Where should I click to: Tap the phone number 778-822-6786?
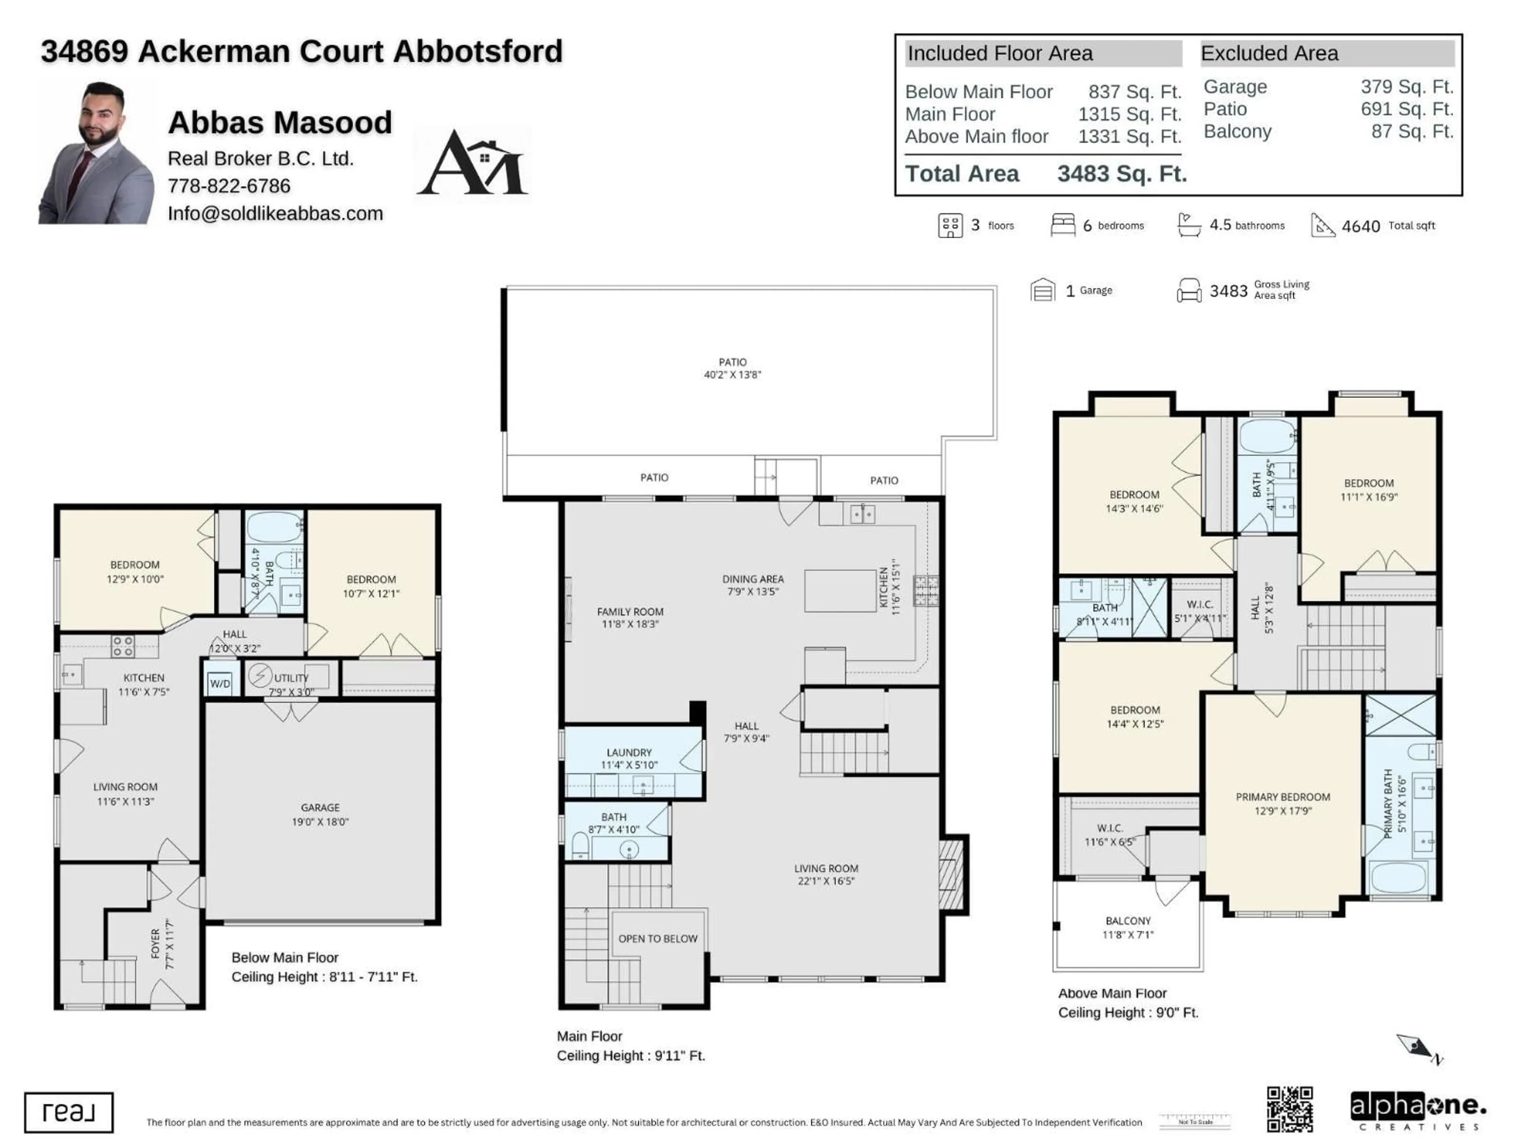(x=229, y=186)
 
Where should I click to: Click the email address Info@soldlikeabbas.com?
(x=275, y=213)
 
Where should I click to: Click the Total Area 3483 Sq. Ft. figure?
(x=1121, y=174)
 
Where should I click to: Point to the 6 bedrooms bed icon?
(x=1062, y=225)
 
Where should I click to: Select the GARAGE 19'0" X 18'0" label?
(x=320, y=814)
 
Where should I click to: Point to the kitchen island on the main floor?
(x=840, y=590)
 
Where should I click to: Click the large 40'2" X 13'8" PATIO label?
(x=732, y=368)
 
